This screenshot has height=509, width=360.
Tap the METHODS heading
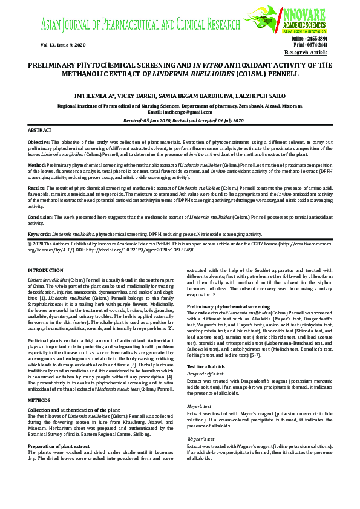(x=40, y=384)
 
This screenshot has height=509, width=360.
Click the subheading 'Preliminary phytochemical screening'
(x=223, y=308)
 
